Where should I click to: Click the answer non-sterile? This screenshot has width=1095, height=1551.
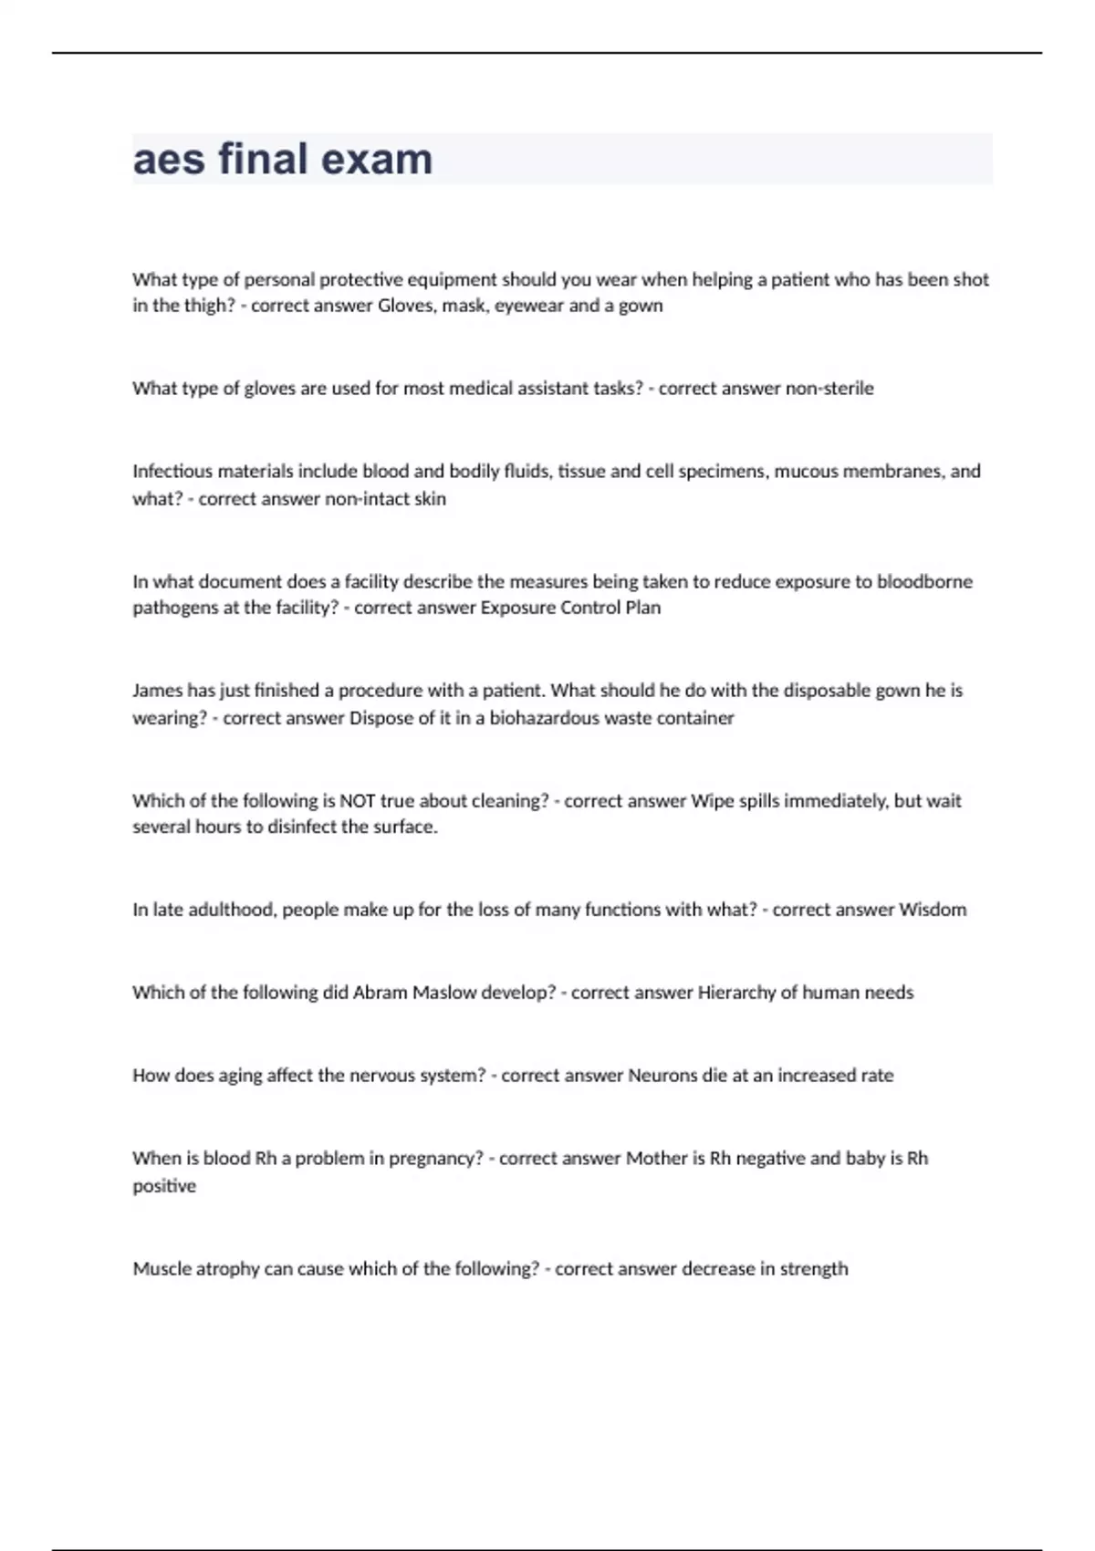point(829,389)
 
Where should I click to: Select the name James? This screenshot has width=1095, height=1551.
point(157,691)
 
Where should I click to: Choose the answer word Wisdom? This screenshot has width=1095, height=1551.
point(933,910)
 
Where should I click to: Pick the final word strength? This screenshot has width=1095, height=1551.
point(814,1269)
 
